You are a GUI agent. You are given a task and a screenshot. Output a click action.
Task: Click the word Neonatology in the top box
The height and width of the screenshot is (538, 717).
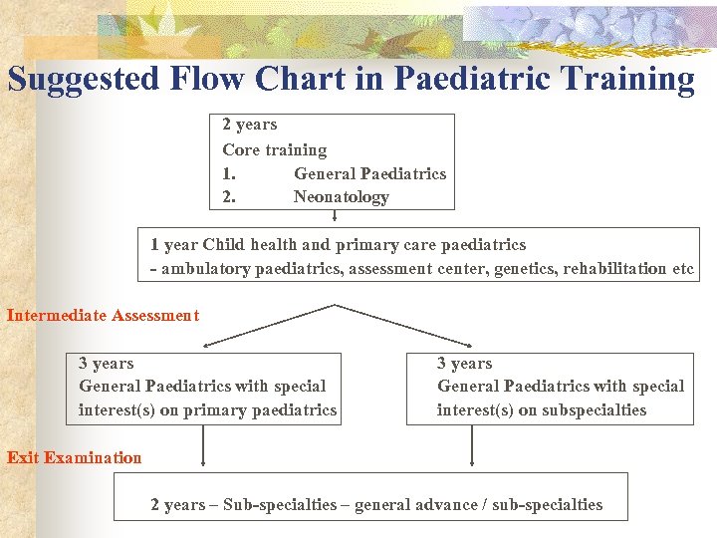click(341, 197)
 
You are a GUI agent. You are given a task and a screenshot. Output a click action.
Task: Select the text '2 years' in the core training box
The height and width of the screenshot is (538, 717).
click(250, 125)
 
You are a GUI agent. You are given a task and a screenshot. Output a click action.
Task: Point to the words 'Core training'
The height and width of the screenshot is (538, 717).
click(275, 149)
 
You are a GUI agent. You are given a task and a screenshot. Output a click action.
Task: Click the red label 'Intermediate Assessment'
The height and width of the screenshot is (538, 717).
click(103, 316)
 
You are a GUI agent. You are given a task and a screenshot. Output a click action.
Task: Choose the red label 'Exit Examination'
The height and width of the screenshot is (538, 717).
click(75, 458)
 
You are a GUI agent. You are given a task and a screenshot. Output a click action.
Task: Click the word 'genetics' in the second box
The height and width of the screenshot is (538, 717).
click(526, 269)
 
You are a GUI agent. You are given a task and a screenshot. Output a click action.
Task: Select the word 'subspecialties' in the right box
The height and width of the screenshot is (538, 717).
click(595, 410)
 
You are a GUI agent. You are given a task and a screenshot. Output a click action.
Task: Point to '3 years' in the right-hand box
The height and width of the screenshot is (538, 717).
click(465, 364)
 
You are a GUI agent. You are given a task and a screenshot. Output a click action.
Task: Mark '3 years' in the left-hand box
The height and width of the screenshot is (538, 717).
click(107, 364)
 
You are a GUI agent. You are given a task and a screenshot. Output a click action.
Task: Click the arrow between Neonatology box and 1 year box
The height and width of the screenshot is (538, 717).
click(335, 218)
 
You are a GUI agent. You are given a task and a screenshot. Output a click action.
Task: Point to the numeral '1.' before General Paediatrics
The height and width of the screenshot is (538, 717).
click(229, 174)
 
